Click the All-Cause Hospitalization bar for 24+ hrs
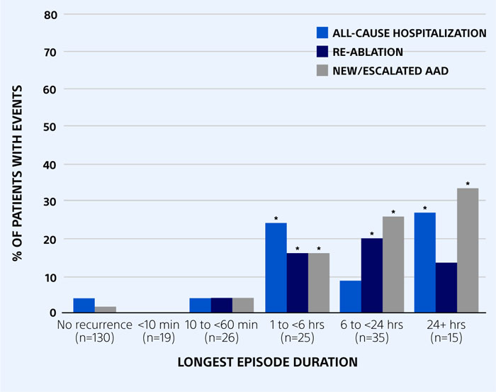coord(425,262)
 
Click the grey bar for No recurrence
coord(106,310)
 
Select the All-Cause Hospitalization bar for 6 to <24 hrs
coord(350,296)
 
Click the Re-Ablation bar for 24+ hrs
coord(446,287)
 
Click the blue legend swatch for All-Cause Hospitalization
coord(322,33)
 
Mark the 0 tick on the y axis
coord(50,313)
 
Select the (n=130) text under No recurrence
coord(94,339)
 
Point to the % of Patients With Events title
coord(17,163)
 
